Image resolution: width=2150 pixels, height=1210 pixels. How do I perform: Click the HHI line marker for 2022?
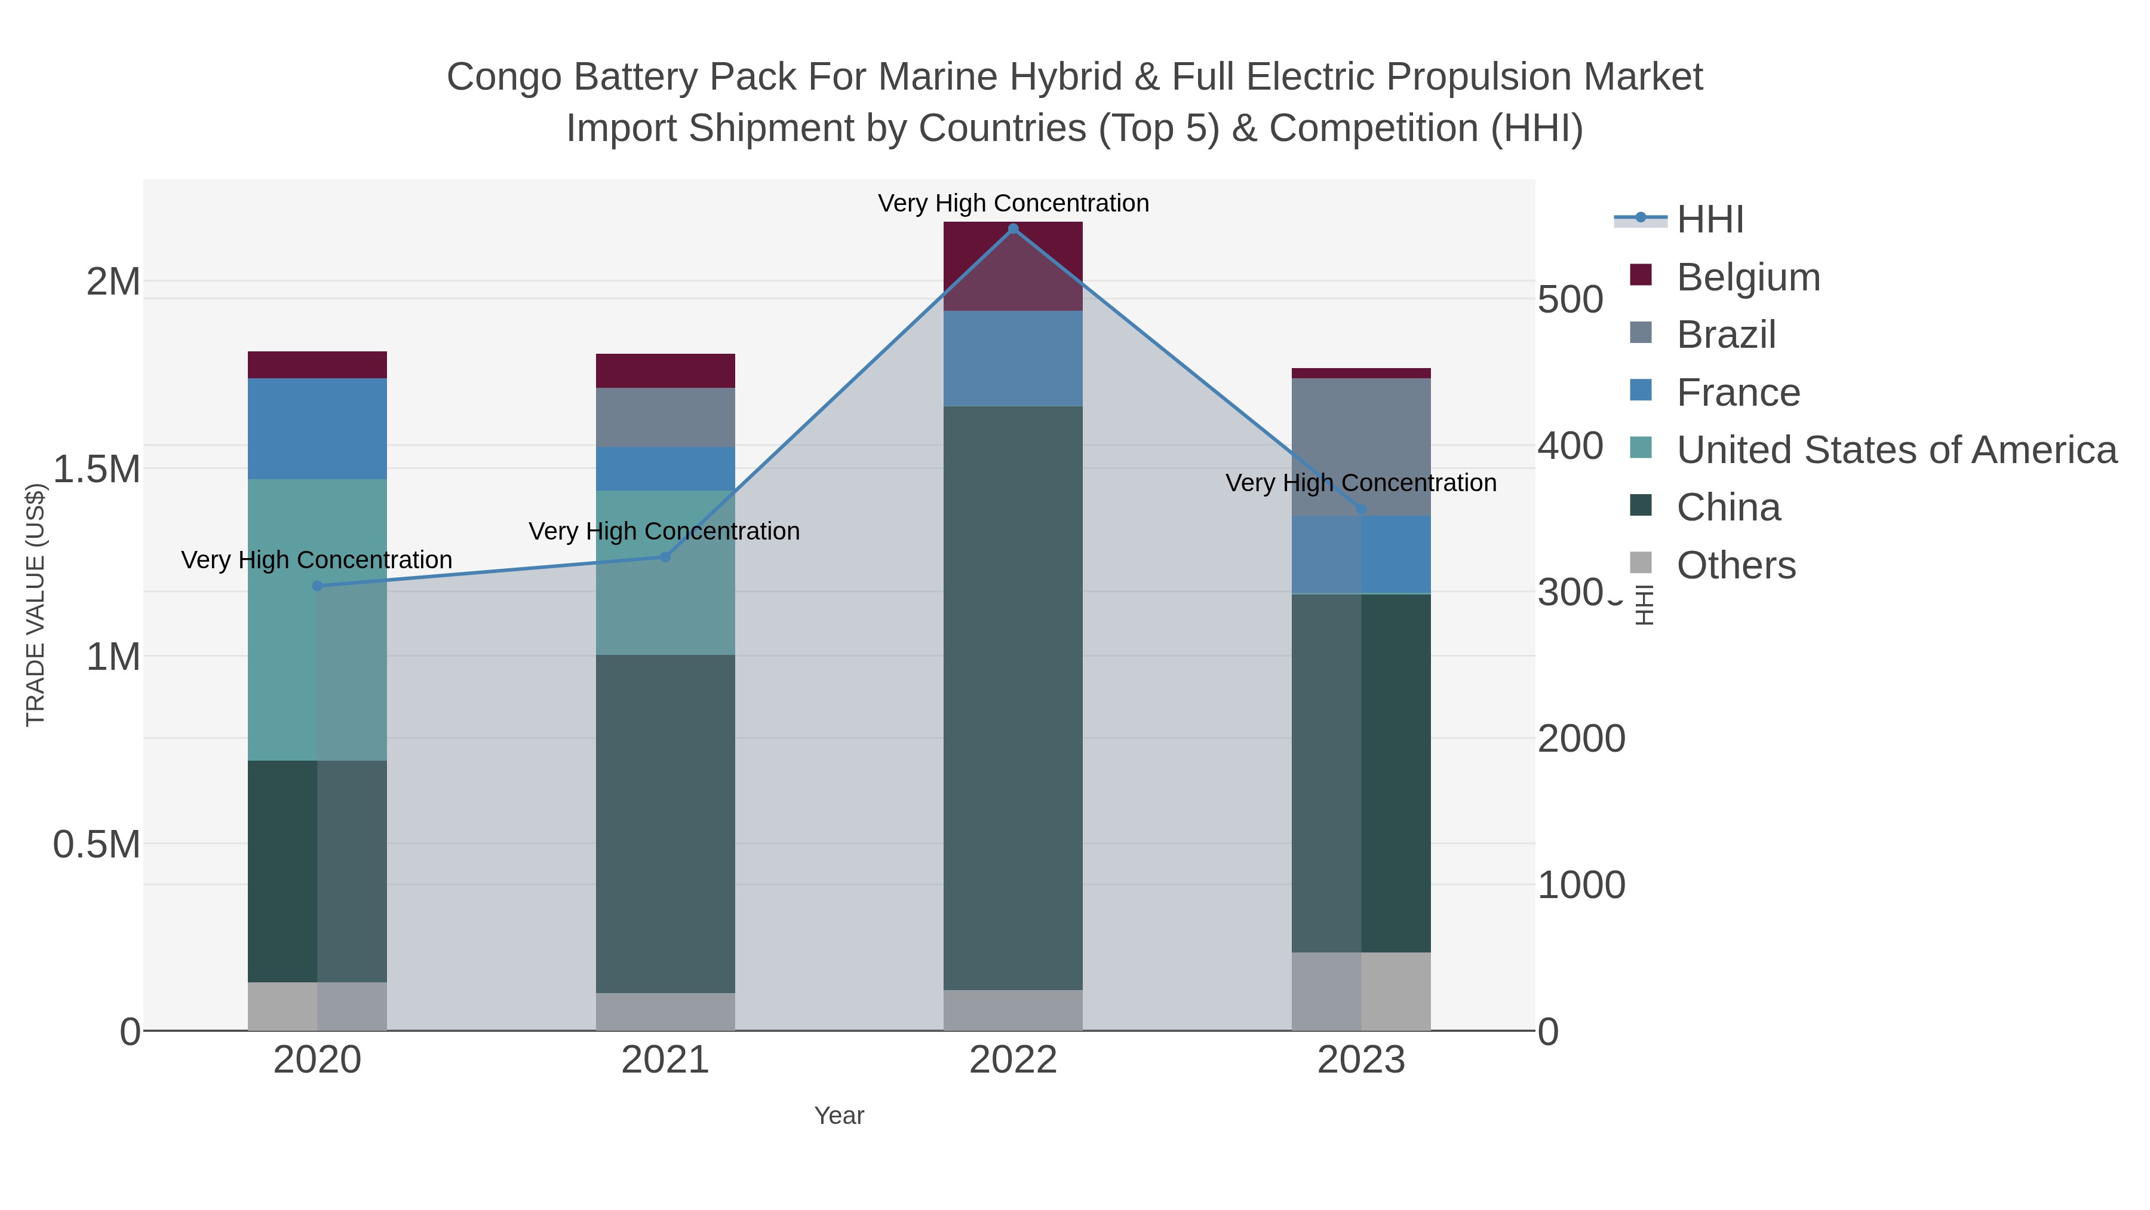[x=1013, y=229]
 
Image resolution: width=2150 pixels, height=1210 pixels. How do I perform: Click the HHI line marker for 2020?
[x=317, y=586]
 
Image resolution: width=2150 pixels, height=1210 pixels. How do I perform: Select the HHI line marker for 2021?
[x=665, y=557]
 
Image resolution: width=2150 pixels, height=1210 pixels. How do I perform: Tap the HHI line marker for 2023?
[x=1361, y=509]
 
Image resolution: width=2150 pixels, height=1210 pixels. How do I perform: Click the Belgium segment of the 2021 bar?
[x=665, y=370]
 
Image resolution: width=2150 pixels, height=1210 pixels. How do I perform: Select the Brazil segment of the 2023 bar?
[x=1361, y=447]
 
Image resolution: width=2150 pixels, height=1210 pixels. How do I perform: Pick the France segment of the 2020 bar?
[x=317, y=428]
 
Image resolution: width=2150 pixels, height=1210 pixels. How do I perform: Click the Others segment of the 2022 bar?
[x=1013, y=1010]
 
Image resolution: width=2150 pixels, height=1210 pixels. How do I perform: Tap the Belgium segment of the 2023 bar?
[x=1361, y=373]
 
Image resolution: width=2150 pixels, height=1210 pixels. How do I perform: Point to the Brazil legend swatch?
[x=1641, y=333]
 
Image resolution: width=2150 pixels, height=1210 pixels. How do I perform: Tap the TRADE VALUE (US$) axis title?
[x=35, y=605]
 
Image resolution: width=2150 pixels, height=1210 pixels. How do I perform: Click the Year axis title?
[x=839, y=1116]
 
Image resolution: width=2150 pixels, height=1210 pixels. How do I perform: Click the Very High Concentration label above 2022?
[x=1013, y=203]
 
